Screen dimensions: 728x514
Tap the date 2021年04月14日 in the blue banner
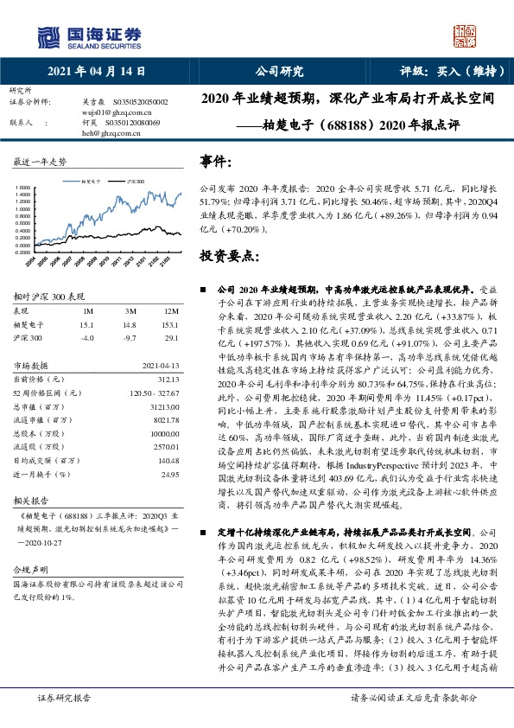tap(95, 72)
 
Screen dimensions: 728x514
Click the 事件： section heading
tap(217, 162)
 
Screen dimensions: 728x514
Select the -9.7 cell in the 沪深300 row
tap(130, 339)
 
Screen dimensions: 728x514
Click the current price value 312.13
tap(168, 379)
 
